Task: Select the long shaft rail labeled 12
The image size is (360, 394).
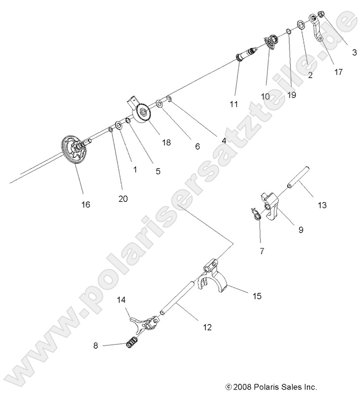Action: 182,301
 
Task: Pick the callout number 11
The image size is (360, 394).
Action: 233,104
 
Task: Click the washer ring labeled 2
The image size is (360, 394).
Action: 300,25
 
